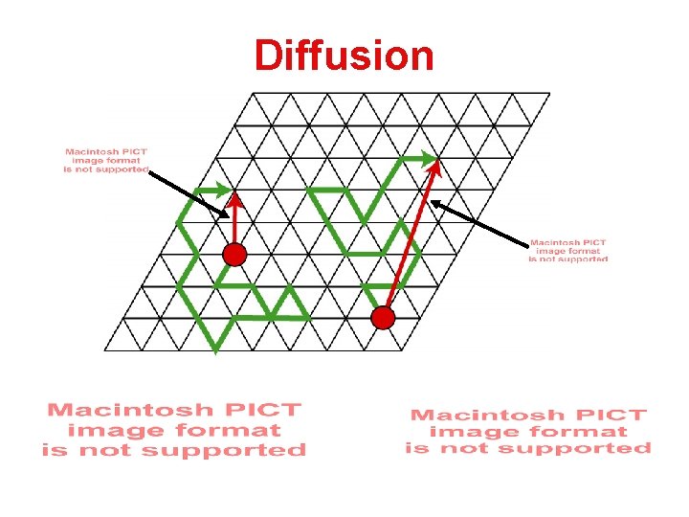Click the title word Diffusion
[x=344, y=56]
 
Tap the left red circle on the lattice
[x=234, y=255]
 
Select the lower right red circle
[x=383, y=318]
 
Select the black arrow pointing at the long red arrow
[x=479, y=222]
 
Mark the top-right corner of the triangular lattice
[x=550, y=93]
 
